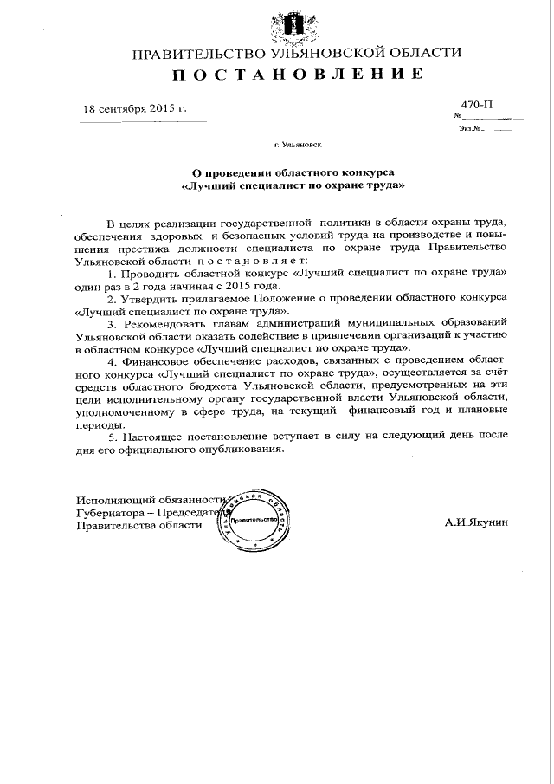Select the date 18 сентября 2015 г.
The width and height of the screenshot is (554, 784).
point(134,109)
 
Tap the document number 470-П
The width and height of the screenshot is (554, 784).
point(476,105)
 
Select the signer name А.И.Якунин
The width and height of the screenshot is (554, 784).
point(477,523)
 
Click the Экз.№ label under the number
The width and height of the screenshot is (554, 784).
point(471,129)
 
